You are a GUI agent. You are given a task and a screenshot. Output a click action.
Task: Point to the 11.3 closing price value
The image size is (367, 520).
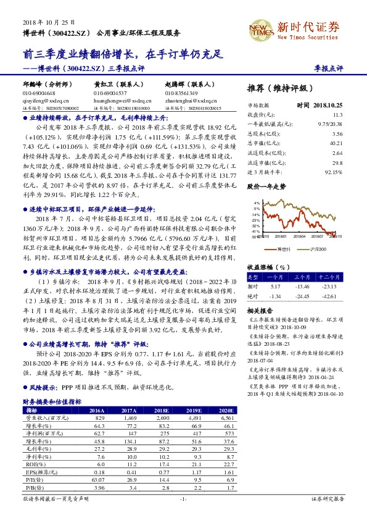pyautogui.click(x=337, y=115)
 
